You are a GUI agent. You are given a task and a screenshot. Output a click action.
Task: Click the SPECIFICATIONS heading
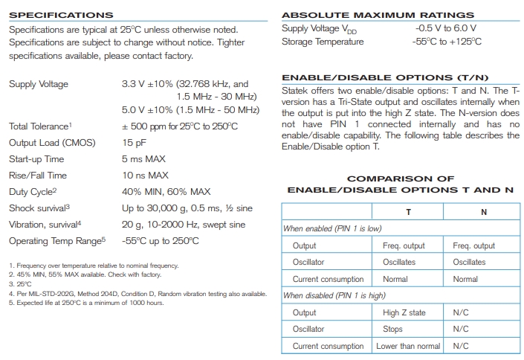pos(61,15)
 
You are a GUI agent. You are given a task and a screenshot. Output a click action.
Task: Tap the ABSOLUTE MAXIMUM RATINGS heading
pos(378,15)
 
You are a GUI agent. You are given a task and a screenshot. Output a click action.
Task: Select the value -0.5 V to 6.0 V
pos(446,28)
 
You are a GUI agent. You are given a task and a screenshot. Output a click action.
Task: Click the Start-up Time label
pos(38,160)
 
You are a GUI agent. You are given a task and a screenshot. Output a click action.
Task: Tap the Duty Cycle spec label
pos(33,192)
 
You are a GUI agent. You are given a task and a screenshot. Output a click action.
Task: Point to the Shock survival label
pos(39,208)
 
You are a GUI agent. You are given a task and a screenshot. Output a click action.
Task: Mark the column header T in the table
pos(408,212)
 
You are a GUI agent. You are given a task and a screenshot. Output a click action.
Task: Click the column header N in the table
pos(484,212)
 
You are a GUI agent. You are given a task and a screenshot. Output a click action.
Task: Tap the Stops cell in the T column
pos(393,329)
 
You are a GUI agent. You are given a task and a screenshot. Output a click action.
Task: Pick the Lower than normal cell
pos(408,346)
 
